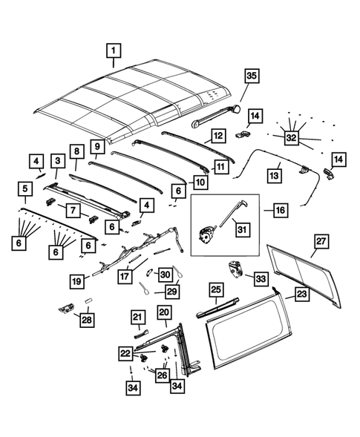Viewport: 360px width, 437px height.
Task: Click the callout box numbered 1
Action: (x=114, y=51)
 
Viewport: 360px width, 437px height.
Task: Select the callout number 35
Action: (x=250, y=76)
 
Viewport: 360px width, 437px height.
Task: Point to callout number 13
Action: (x=274, y=175)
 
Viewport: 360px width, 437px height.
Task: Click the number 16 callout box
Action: (x=279, y=211)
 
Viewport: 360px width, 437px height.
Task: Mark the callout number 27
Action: (x=321, y=242)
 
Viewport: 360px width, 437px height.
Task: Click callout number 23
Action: (x=301, y=294)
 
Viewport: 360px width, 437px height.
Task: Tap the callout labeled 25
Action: (x=215, y=289)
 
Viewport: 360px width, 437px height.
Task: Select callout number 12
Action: (x=217, y=137)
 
